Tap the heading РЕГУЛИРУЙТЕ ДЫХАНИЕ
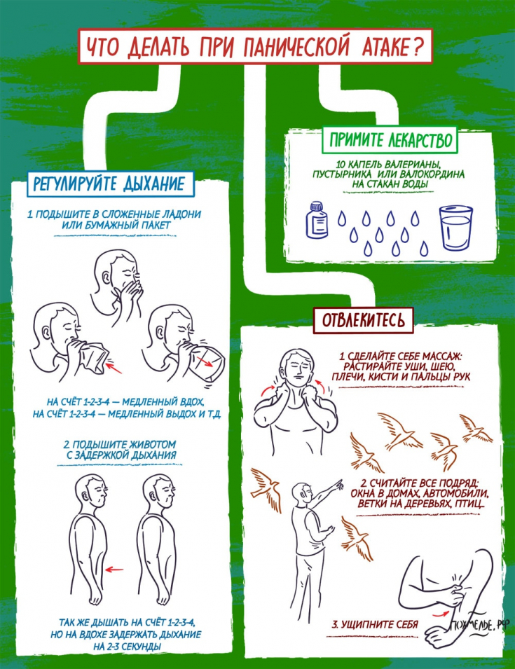[111, 184]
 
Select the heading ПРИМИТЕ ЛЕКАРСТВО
[390, 139]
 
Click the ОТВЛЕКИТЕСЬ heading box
[364, 320]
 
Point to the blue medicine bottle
[317, 220]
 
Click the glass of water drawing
[455, 228]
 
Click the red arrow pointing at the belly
[114, 569]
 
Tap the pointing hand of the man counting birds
[338, 484]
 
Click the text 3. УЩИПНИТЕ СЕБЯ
[375, 624]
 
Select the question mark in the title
[417, 48]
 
